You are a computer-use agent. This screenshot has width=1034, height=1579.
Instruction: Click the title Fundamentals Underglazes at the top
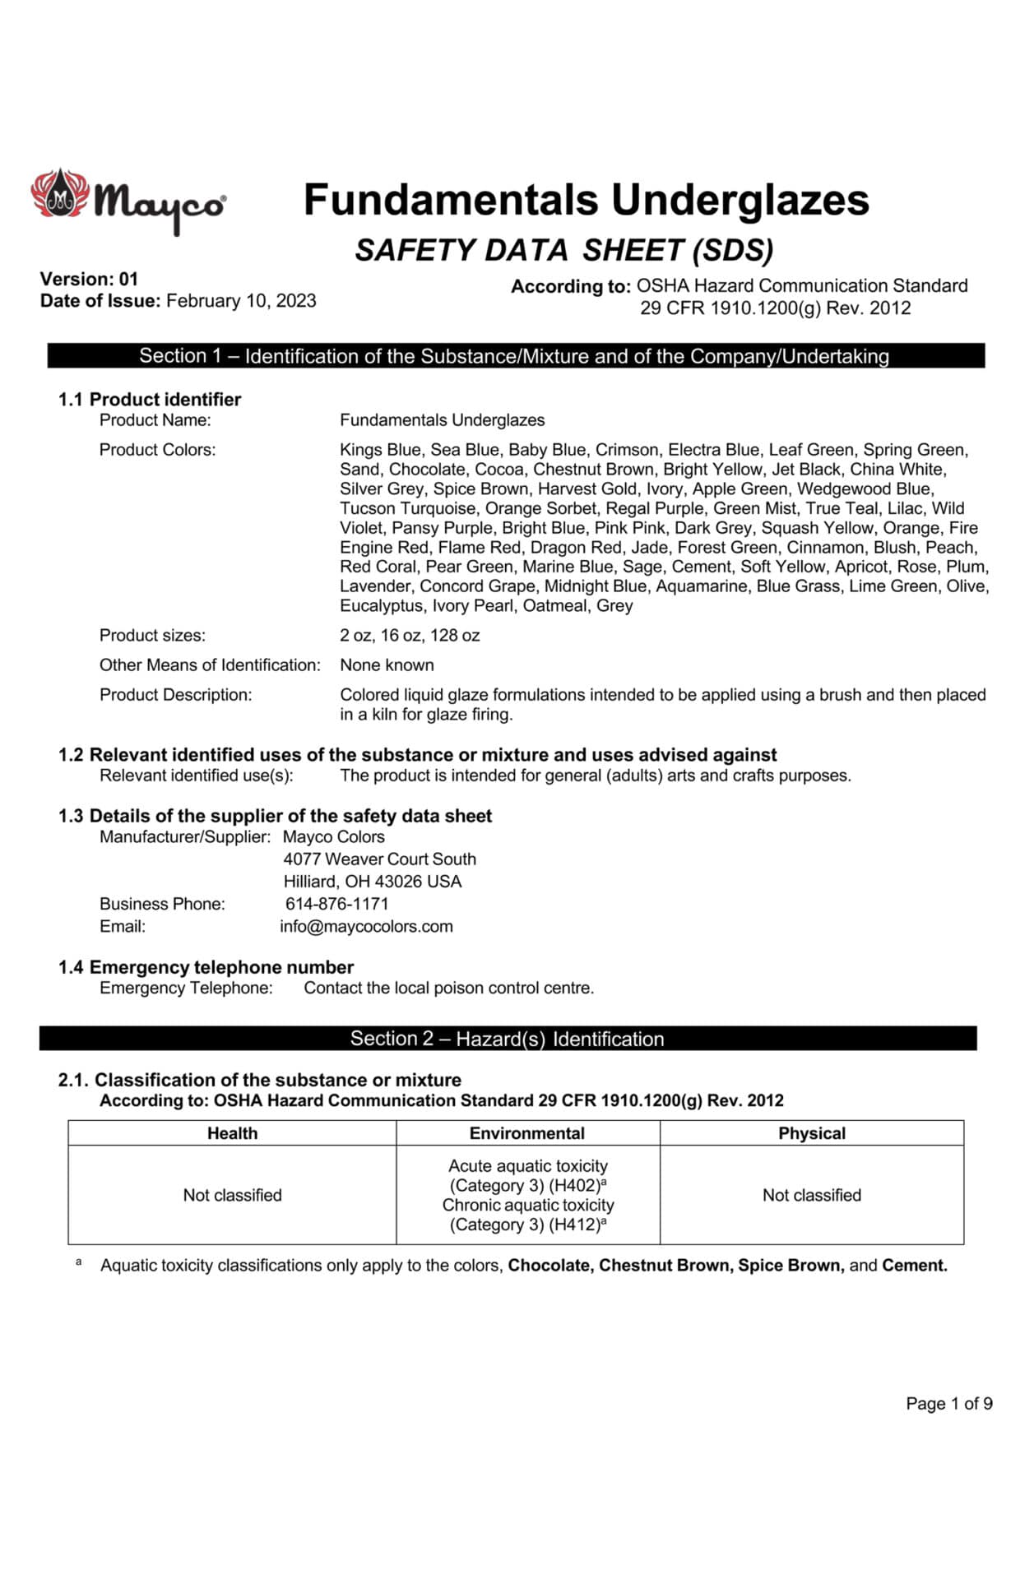tap(586, 200)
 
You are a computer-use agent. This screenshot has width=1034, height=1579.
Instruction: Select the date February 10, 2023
tap(241, 301)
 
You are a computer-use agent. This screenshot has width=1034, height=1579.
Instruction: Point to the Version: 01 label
tap(89, 279)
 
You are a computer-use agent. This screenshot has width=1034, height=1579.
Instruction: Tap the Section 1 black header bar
tap(515, 356)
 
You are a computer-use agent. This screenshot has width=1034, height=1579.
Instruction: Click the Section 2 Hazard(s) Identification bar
tap(507, 1039)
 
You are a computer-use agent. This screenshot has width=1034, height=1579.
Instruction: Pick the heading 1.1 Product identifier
tap(149, 400)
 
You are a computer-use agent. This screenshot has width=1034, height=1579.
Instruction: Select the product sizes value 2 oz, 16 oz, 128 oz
tap(410, 636)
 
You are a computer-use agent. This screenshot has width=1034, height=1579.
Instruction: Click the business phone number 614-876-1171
tap(336, 904)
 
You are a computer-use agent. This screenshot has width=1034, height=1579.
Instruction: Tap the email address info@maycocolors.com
tap(366, 927)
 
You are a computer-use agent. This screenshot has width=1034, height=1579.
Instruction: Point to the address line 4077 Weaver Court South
tap(379, 859)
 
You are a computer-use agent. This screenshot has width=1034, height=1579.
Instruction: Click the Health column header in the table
tap(232, 1133)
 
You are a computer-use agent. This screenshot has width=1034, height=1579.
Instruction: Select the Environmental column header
tap(527, 1133)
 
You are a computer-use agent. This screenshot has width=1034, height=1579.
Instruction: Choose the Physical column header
tap(812, 1133)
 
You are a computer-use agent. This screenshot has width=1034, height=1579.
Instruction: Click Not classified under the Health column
tap(232, 1195)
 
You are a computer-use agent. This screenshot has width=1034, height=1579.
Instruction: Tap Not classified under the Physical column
tap(812, 1195)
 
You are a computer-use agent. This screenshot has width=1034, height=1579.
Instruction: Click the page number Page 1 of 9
tap(948, 1404)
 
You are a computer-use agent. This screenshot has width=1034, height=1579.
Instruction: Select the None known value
tap(387, 665)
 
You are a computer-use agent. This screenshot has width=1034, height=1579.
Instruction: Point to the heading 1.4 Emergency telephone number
tap(206, 967)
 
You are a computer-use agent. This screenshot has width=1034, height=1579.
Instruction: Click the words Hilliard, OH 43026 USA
tap(373, 882)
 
